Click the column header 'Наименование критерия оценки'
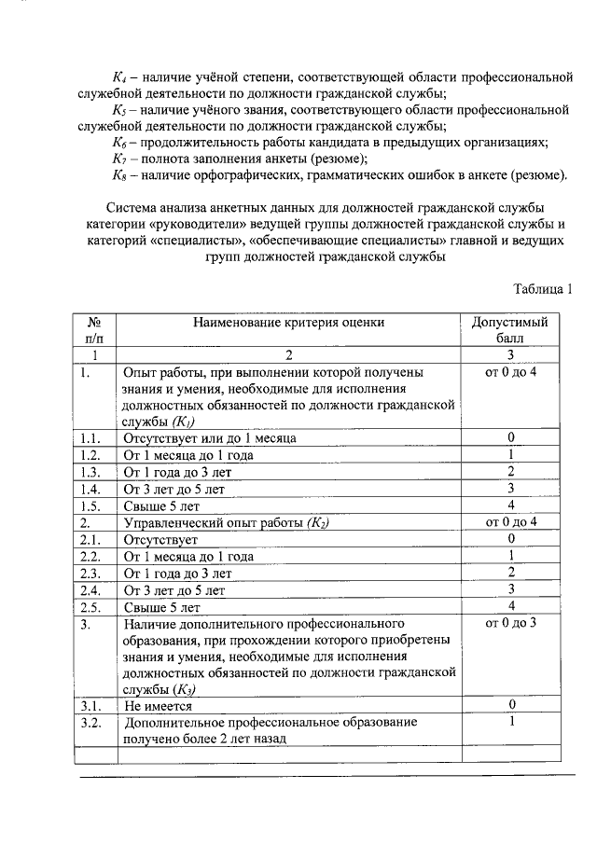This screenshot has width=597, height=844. coord(288,323)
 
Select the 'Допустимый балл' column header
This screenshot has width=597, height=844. coord(510,330)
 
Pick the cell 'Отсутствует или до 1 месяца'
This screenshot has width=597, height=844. coord(211,437)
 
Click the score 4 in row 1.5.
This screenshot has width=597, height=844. coord(511,505)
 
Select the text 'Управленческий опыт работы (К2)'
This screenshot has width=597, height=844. coord(227,522)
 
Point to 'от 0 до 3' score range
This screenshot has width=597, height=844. coord(511,622)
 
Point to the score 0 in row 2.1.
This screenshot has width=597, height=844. coord(511,539)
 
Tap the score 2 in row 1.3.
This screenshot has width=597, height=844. coord(511,471)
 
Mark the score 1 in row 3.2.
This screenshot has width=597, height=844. coord(511,722)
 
